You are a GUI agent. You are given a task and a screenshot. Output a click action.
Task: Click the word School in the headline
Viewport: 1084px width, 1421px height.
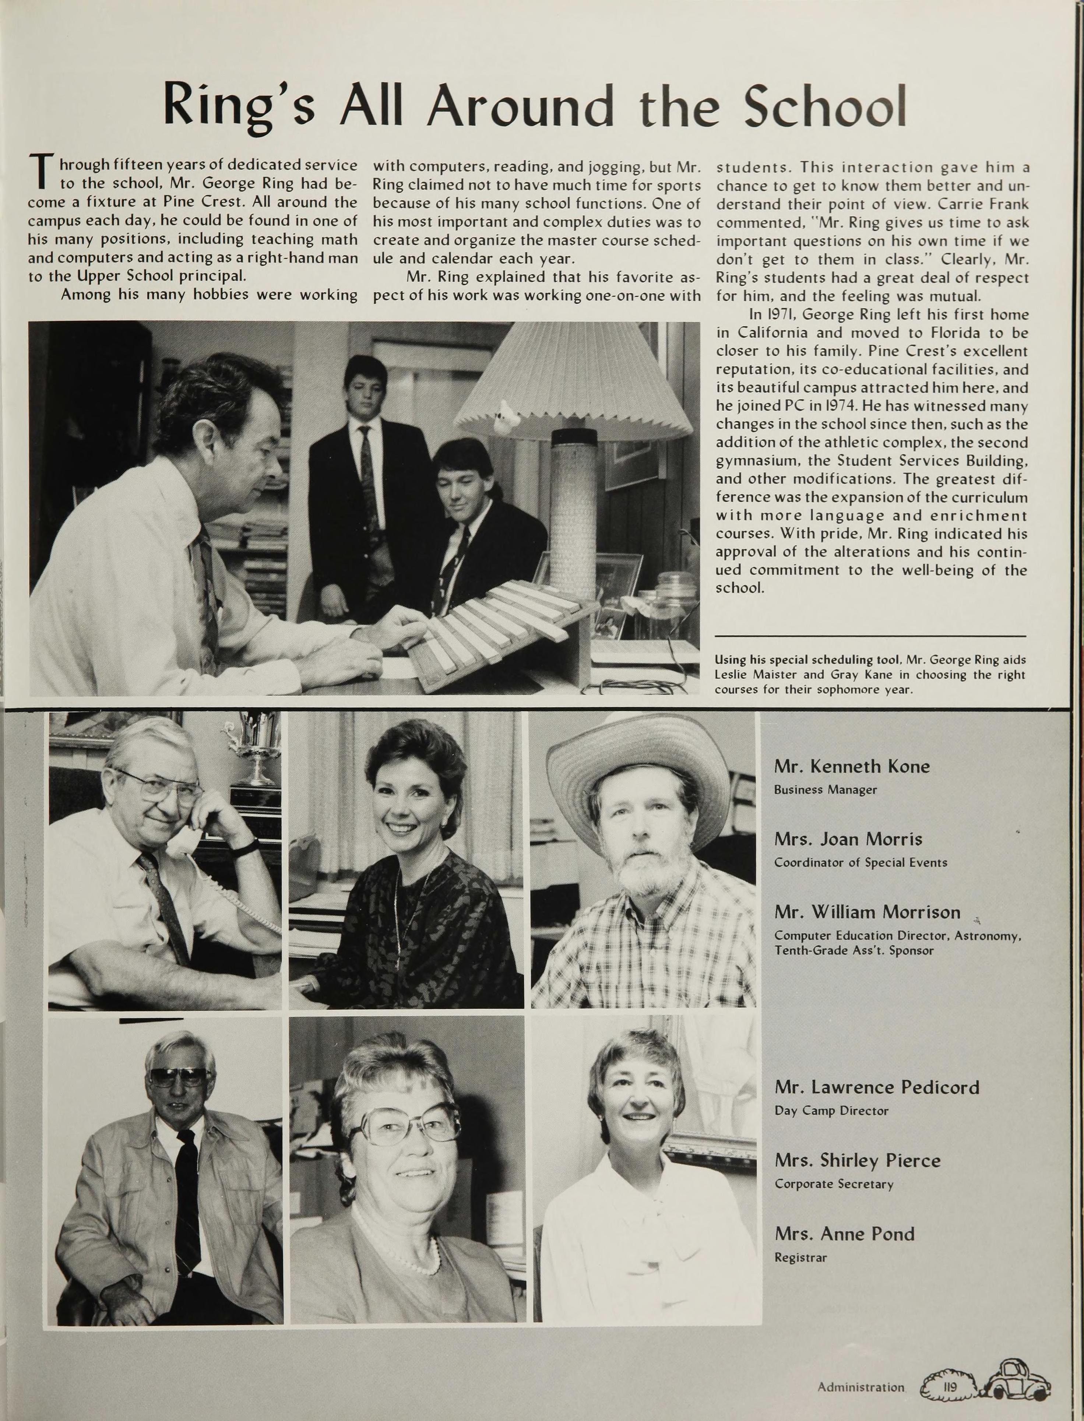click(x=825, y=105)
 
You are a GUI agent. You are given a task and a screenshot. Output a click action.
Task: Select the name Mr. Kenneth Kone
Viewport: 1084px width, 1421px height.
click(x=852, y=767)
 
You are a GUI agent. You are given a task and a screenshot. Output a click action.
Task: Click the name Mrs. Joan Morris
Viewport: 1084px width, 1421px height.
click(x=848, y=840)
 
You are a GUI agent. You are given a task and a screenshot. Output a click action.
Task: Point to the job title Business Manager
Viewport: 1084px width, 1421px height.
click(x=825, y=790)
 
